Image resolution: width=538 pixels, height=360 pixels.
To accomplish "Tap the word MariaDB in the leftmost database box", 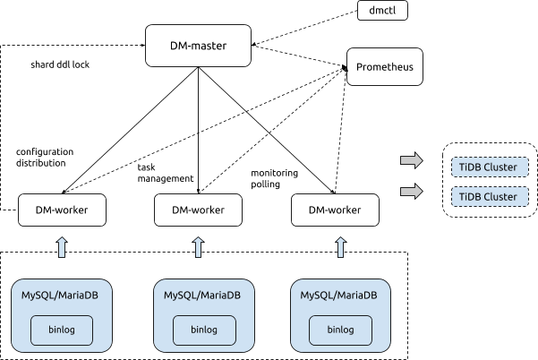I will click(x=79, y=296).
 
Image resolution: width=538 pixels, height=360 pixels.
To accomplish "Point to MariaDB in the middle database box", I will click(x=221, y=296).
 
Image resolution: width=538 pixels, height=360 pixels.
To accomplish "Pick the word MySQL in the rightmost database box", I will click(x=318, y=296).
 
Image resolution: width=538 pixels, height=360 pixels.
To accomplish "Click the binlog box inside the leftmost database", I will click(x=62, y=330).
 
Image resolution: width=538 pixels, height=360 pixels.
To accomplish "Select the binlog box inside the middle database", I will click(x=203, y=330).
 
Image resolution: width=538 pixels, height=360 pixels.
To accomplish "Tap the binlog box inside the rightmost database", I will click(x=340, y=330).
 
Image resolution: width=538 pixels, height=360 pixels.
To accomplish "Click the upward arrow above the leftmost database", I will click(x=62, y=246).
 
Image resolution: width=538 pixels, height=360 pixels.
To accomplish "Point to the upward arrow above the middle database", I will click(x=199, y=246).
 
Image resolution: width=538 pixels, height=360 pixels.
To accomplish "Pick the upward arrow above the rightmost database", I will click(x=340, y=246).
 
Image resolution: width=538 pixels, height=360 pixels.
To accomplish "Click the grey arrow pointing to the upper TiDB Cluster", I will click(x=412, y=160).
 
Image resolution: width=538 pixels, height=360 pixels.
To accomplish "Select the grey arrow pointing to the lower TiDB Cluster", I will click(x=412, y=191).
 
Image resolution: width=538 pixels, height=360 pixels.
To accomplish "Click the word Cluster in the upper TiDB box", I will click(x=500, y=167).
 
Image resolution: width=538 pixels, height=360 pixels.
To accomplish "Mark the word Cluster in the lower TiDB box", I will click(x=500, y=197).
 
